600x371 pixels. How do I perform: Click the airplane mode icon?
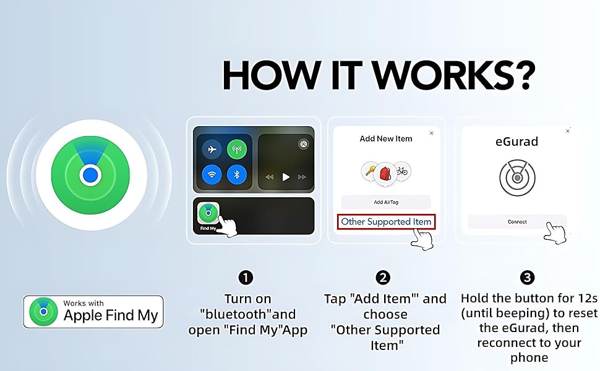[x=213, y=150]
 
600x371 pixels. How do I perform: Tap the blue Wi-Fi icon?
[x=213, y=174]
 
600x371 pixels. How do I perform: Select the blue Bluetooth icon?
[x=236, y=174]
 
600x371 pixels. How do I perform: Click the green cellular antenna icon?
[x=236, y=150]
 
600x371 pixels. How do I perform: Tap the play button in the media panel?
[x=286, y=177]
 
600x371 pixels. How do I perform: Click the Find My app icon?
[x=208, y=213]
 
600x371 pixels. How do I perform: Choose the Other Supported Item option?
[x=386, y=221]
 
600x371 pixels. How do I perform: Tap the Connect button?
[x=517, y=221]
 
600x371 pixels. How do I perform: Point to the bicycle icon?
[x=402, y=171]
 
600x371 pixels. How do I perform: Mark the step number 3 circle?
[x=528, y=278]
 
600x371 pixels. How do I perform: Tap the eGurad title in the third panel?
[x=517, y=142]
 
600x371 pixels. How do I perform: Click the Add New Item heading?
[x=386, y=139]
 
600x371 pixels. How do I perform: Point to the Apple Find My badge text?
[x=111, y=316]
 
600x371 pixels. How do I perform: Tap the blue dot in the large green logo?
[x=90, y=175]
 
